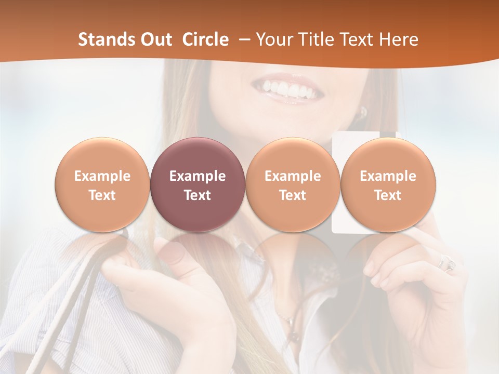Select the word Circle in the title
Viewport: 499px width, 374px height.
point(205,39)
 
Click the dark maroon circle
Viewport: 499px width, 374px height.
point(198,185)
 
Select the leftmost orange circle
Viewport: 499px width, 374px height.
point(102,185)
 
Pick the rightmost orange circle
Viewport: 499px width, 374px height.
point(388,185)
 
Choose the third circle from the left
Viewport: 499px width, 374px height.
point(293,185)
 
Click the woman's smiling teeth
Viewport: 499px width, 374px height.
point(291,88)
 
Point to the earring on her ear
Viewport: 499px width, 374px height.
point(363,112)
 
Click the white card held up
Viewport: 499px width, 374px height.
point(343,218)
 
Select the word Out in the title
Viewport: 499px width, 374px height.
point(156,39)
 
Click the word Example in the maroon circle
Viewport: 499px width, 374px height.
point(198,176)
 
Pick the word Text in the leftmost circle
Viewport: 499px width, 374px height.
point(102,195)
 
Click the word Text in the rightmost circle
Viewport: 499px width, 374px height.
point(388,195)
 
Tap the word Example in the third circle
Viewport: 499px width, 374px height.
point(293,176)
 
